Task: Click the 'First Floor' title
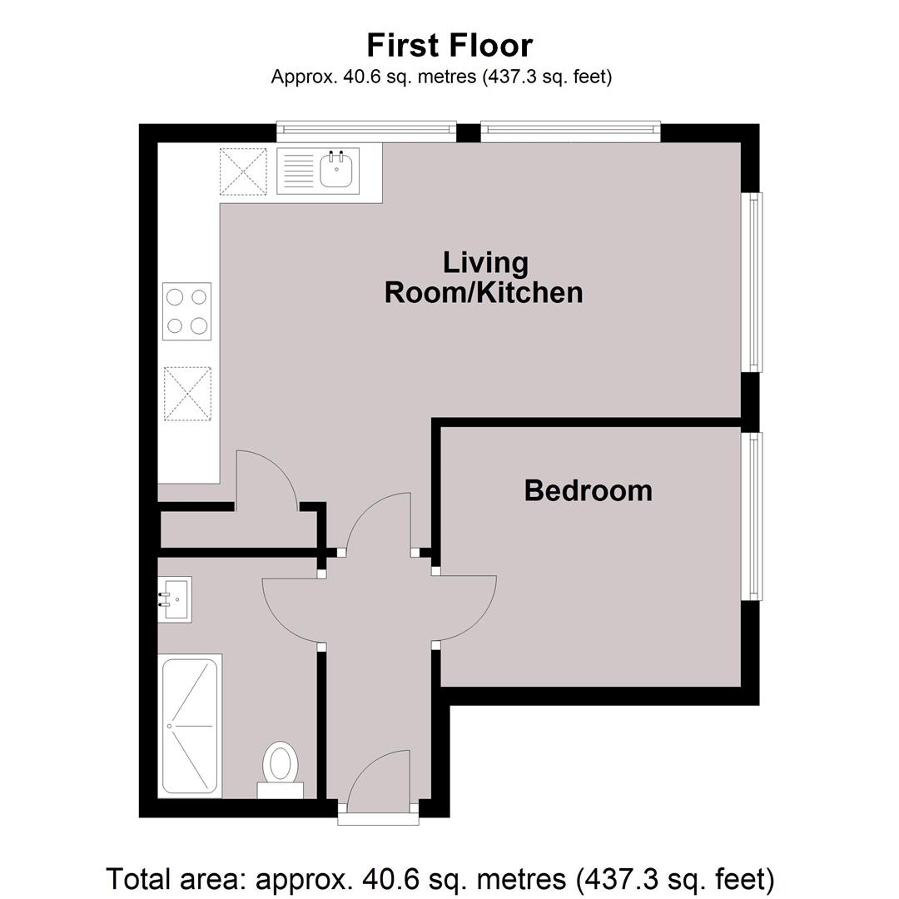coord(449,45)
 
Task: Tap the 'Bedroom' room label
coord(589,491)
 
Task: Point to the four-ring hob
coord(187,311)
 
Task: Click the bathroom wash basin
coord(176,599)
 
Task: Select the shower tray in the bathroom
coord(191,726)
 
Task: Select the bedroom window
coord(752,517)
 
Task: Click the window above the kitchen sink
coord(366,132)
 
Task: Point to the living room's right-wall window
coord(752,282)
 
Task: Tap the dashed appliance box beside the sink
coord(243,171)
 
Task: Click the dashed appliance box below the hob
coord(187,394)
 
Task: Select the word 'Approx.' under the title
coord(304,77)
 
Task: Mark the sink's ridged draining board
coord(299,170)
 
